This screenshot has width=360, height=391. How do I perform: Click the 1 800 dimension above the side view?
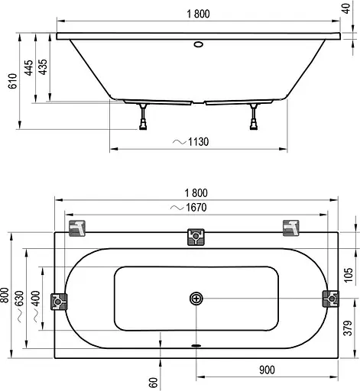point(197,11)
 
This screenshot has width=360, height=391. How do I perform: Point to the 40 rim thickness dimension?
point(349,14)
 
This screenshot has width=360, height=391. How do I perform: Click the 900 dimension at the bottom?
point(266,370)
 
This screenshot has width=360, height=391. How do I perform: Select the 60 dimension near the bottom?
point(152,375)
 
